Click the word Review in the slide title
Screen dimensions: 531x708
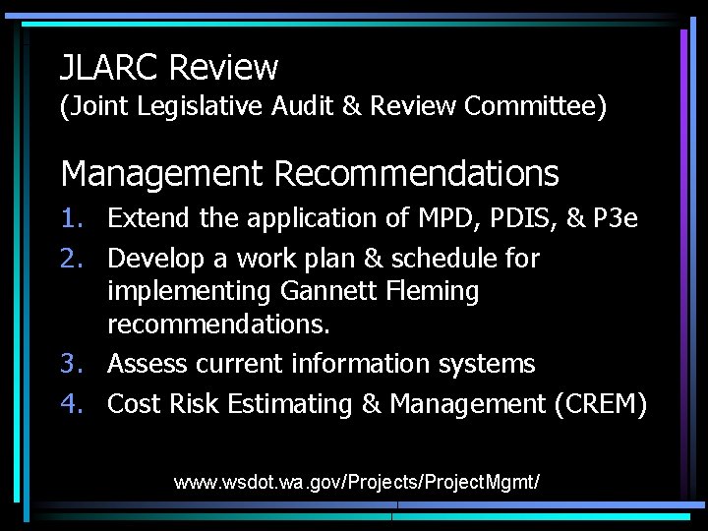click(x=224, y=68)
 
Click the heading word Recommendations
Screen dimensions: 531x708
click(x=416, y=174)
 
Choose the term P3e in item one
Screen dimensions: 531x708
click(x=616, y=218)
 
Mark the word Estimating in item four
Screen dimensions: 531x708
click(x=305, y=404)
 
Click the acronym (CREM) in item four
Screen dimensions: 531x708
click(x=600, y=404)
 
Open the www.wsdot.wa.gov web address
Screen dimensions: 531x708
click(x=357, y=483)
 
